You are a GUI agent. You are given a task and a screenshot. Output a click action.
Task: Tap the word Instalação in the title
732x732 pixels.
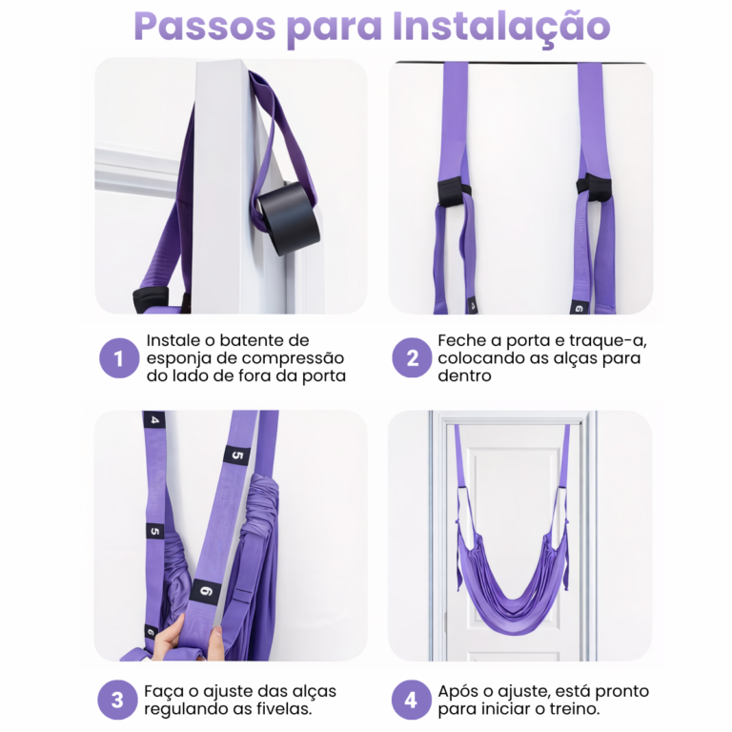pos(501,27)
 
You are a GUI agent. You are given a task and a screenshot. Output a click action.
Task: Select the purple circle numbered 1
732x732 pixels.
pos(119,358)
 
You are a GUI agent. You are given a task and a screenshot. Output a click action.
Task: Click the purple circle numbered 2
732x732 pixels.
pos(412,358)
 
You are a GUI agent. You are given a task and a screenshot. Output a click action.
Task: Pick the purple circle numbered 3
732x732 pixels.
pos(117,700)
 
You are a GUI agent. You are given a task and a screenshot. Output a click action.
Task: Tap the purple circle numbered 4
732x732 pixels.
pos(411,700)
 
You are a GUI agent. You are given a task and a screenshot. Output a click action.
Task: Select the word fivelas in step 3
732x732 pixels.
pos(285,709)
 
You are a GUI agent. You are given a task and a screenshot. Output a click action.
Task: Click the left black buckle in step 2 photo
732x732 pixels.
pos(453,190)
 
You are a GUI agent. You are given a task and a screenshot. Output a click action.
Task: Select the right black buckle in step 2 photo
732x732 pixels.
pos(594,186)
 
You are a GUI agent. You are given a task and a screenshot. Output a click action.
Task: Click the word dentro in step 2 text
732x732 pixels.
pos(464,376)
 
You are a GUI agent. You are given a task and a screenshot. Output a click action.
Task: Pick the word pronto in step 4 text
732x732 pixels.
pos(621,692)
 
